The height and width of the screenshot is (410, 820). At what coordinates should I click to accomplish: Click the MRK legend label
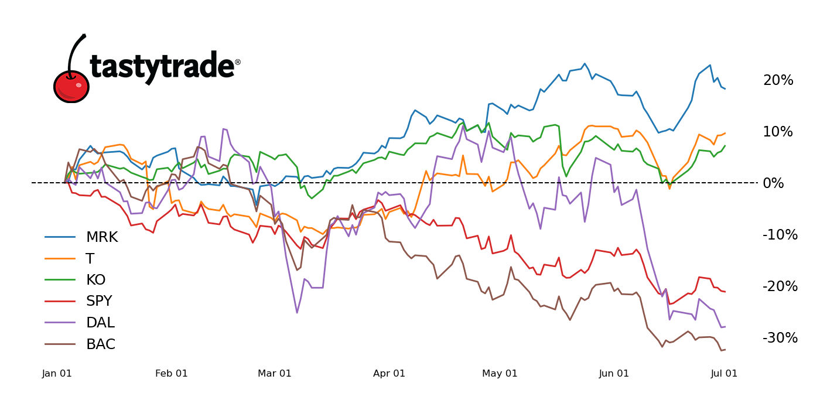point(101,237)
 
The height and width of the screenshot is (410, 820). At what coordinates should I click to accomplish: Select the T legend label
point(90,259)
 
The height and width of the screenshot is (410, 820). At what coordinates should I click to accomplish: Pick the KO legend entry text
point(95,280)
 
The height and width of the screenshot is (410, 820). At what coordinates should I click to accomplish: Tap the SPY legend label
point(98,302)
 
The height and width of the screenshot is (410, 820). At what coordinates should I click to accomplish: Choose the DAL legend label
point(100,323)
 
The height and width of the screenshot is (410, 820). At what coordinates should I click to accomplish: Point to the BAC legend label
point(101,344)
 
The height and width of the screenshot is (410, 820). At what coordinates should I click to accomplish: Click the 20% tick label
point(778,80)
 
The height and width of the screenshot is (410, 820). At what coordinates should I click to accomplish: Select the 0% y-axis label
point(774,183)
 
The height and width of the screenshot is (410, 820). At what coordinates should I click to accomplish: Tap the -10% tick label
point(780,235)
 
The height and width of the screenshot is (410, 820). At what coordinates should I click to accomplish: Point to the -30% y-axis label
point(780,338)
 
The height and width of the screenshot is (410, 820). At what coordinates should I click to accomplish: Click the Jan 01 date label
point(57,374)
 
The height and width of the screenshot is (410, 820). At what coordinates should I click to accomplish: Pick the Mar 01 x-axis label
point(275,374)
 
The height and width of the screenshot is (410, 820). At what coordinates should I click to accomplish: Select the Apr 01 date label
point(389,374)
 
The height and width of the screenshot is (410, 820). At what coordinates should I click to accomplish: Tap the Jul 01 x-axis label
point(724,374)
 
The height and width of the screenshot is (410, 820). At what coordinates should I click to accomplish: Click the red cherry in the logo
point(71,87)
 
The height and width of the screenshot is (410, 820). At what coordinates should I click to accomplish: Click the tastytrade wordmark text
point(162,67)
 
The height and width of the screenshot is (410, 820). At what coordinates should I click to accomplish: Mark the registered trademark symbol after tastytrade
point(238,62)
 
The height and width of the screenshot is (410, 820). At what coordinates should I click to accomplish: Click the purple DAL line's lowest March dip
point(297,313)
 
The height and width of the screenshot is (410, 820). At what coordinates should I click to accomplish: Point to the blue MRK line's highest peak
point(585,63)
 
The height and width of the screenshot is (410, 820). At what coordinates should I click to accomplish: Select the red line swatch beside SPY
point(60,302)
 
